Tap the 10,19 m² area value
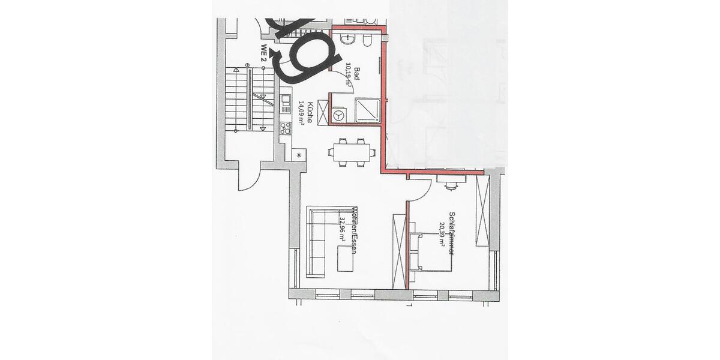(349, 77)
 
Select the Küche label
(310, 113)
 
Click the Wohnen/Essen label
(355, 231)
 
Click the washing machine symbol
(339, 114)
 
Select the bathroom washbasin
(347, 40)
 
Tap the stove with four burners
(286, 127)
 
